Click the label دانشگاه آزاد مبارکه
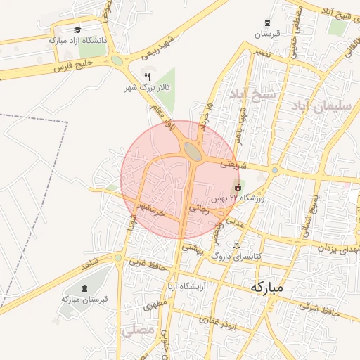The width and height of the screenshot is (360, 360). point(78,41)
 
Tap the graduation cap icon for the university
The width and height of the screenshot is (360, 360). point(77,30)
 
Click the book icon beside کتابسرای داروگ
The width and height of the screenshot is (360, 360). point(237,245)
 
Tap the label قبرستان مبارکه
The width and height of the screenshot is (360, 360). point(84,299)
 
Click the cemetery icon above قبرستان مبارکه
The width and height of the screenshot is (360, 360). point(84,288)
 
